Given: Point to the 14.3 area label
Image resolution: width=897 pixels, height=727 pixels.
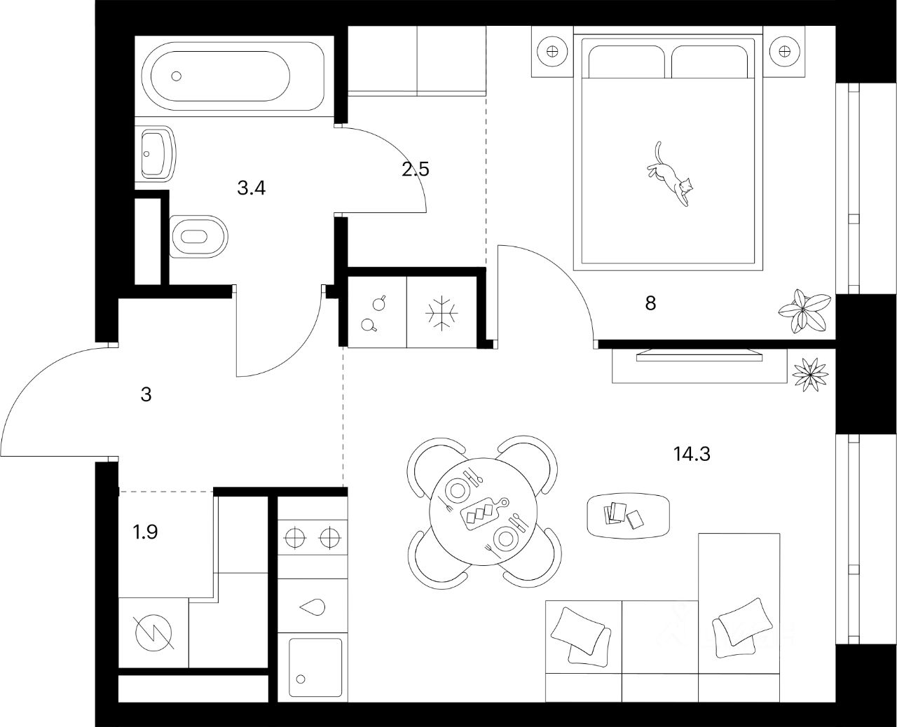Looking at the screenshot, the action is tap(692, 455).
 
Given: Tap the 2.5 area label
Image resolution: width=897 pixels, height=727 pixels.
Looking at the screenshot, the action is tap(415, 169).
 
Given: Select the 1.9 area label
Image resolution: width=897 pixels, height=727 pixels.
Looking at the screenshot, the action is tap(146, 532).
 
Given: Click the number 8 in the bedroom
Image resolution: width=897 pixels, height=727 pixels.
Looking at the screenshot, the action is tap(650, 303).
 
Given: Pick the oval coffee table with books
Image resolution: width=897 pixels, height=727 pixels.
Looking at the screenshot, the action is tap(627, 515).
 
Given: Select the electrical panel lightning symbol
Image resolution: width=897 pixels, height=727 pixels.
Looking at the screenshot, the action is tap(153, 633).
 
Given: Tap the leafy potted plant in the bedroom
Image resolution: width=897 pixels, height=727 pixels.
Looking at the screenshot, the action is tap(804, 310).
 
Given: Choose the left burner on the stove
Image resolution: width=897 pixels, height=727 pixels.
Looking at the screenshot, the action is tap(295, 539).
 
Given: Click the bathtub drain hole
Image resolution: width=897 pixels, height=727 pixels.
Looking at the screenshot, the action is tap(176, 76).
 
